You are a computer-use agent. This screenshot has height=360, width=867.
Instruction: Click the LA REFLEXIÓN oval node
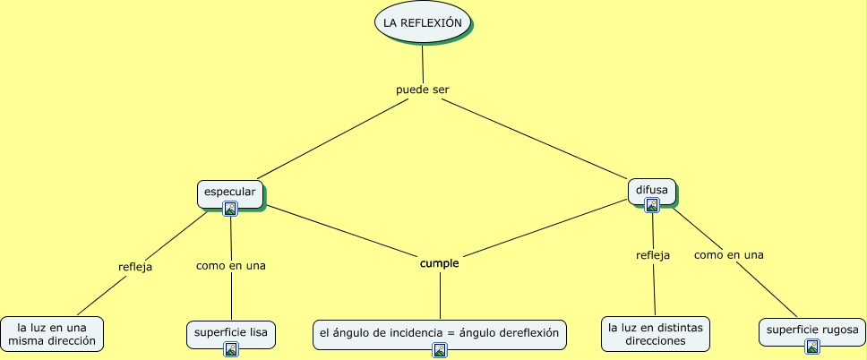[x=422, y=22]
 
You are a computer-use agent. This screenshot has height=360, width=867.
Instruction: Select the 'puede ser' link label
[x=422, y=90]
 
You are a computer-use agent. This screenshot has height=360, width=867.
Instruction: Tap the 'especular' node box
[x=230, y=193]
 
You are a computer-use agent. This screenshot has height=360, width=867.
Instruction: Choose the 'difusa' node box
[x=652, y=190]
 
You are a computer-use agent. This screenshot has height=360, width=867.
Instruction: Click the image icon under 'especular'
[x=230, y=209]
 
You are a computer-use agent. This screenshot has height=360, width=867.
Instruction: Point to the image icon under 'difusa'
[x=652, y=205]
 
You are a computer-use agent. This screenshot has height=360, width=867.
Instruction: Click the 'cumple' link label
[x=439, y=263]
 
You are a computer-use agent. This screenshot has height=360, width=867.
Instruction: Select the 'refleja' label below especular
[x=135, y=266]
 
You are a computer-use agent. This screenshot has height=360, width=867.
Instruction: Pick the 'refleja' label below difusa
[x=653, y=254]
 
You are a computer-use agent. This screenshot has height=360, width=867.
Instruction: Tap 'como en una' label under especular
[x=230, y=265]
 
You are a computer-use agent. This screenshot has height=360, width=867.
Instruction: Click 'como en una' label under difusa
[x=728, y=254]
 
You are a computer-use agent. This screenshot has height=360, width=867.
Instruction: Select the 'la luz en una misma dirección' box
[x=50, y=333]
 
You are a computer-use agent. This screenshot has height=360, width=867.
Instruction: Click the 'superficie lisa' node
[x=230, y=333]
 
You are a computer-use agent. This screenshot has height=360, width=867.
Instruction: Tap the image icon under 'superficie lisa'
[x=230, y=348]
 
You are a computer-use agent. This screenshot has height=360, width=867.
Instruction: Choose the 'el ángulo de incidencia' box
[x=439, y=333]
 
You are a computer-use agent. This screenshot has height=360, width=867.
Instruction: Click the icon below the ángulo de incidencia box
[x=439, y=350]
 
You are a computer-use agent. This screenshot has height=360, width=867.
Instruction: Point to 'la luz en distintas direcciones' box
[x=656, y=333]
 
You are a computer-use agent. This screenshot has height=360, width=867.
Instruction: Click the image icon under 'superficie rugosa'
[x=811, y=347]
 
